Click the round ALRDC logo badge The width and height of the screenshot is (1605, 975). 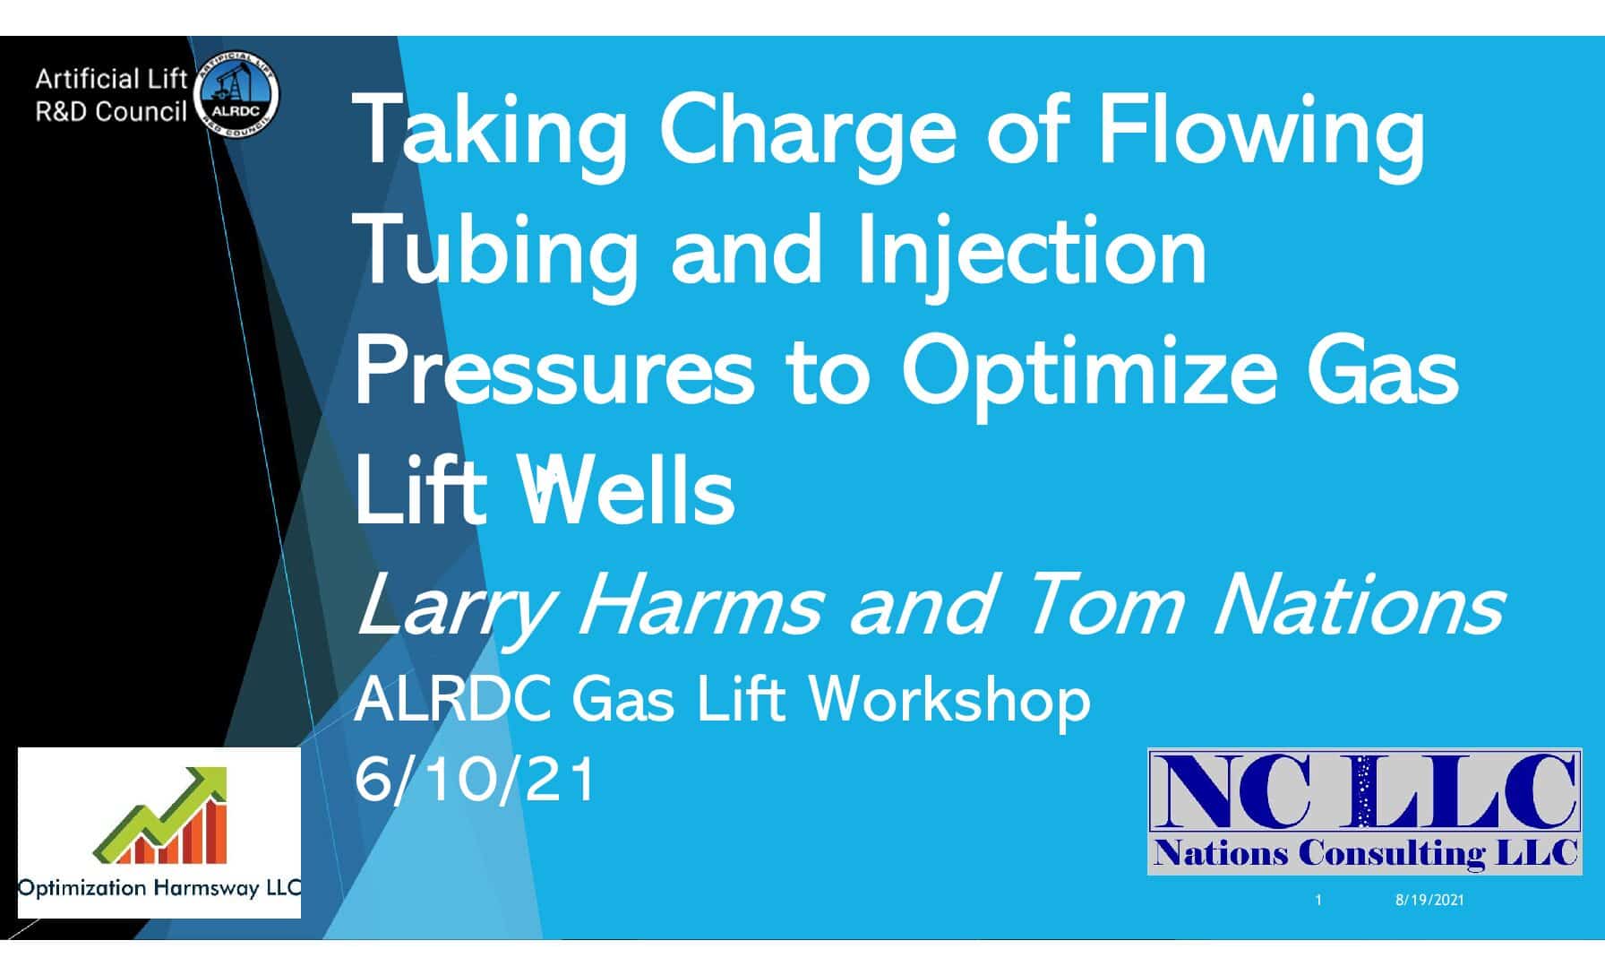[236, 96]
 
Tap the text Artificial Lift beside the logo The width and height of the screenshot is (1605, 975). [111, 80]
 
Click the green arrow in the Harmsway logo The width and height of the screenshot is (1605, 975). [161, 811]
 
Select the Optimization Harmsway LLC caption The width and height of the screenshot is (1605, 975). [159, 888]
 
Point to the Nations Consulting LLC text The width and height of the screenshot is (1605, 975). [1366, 852]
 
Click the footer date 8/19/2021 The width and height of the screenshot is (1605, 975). [1429, 900]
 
